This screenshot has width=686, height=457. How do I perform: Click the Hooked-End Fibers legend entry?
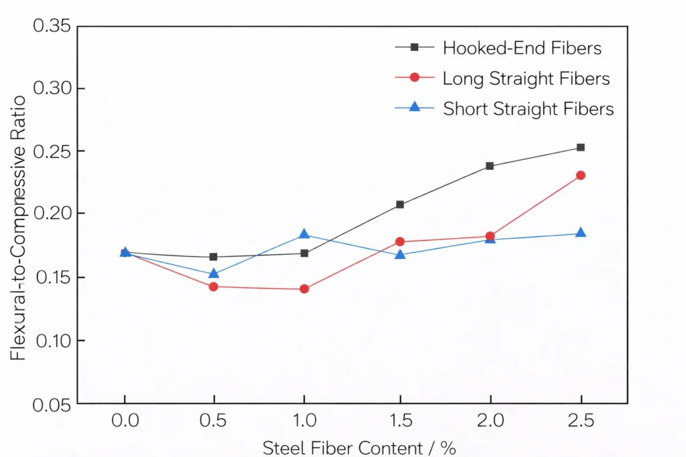click(x=522, y=48)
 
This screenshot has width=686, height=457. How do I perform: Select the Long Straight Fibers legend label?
click(x=526, y=78)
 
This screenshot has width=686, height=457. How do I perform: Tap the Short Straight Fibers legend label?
click(x=528, y=108)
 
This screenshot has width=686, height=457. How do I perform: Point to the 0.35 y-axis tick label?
click(x=52, y=26)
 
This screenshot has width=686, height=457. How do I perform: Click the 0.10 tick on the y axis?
click(x=52, y=341)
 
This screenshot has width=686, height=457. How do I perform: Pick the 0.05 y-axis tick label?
click(x=52, y=403)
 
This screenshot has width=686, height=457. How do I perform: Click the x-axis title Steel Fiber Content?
click(x=359, y=447)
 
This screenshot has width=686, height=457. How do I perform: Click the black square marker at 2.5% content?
click(x=581, y=147)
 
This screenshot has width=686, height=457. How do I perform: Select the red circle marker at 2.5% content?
click(x=581, y=175)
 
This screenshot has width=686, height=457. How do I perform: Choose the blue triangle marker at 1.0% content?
click(x=304, y=234)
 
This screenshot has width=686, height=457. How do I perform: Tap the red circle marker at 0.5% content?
click(x=214, y=286)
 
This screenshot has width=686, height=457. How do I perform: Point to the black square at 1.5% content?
click(x=400, y=204)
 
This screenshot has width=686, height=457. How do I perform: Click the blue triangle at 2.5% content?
click(x=581, y=233)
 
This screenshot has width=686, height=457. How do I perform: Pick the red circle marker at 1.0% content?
click(x=304, y=289)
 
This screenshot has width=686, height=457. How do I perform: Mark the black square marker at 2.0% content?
click(x=490, y=166)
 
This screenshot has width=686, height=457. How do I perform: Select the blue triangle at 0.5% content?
click(x=214, y=273)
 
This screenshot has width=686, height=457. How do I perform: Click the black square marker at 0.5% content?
click(x=214, y=257)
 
